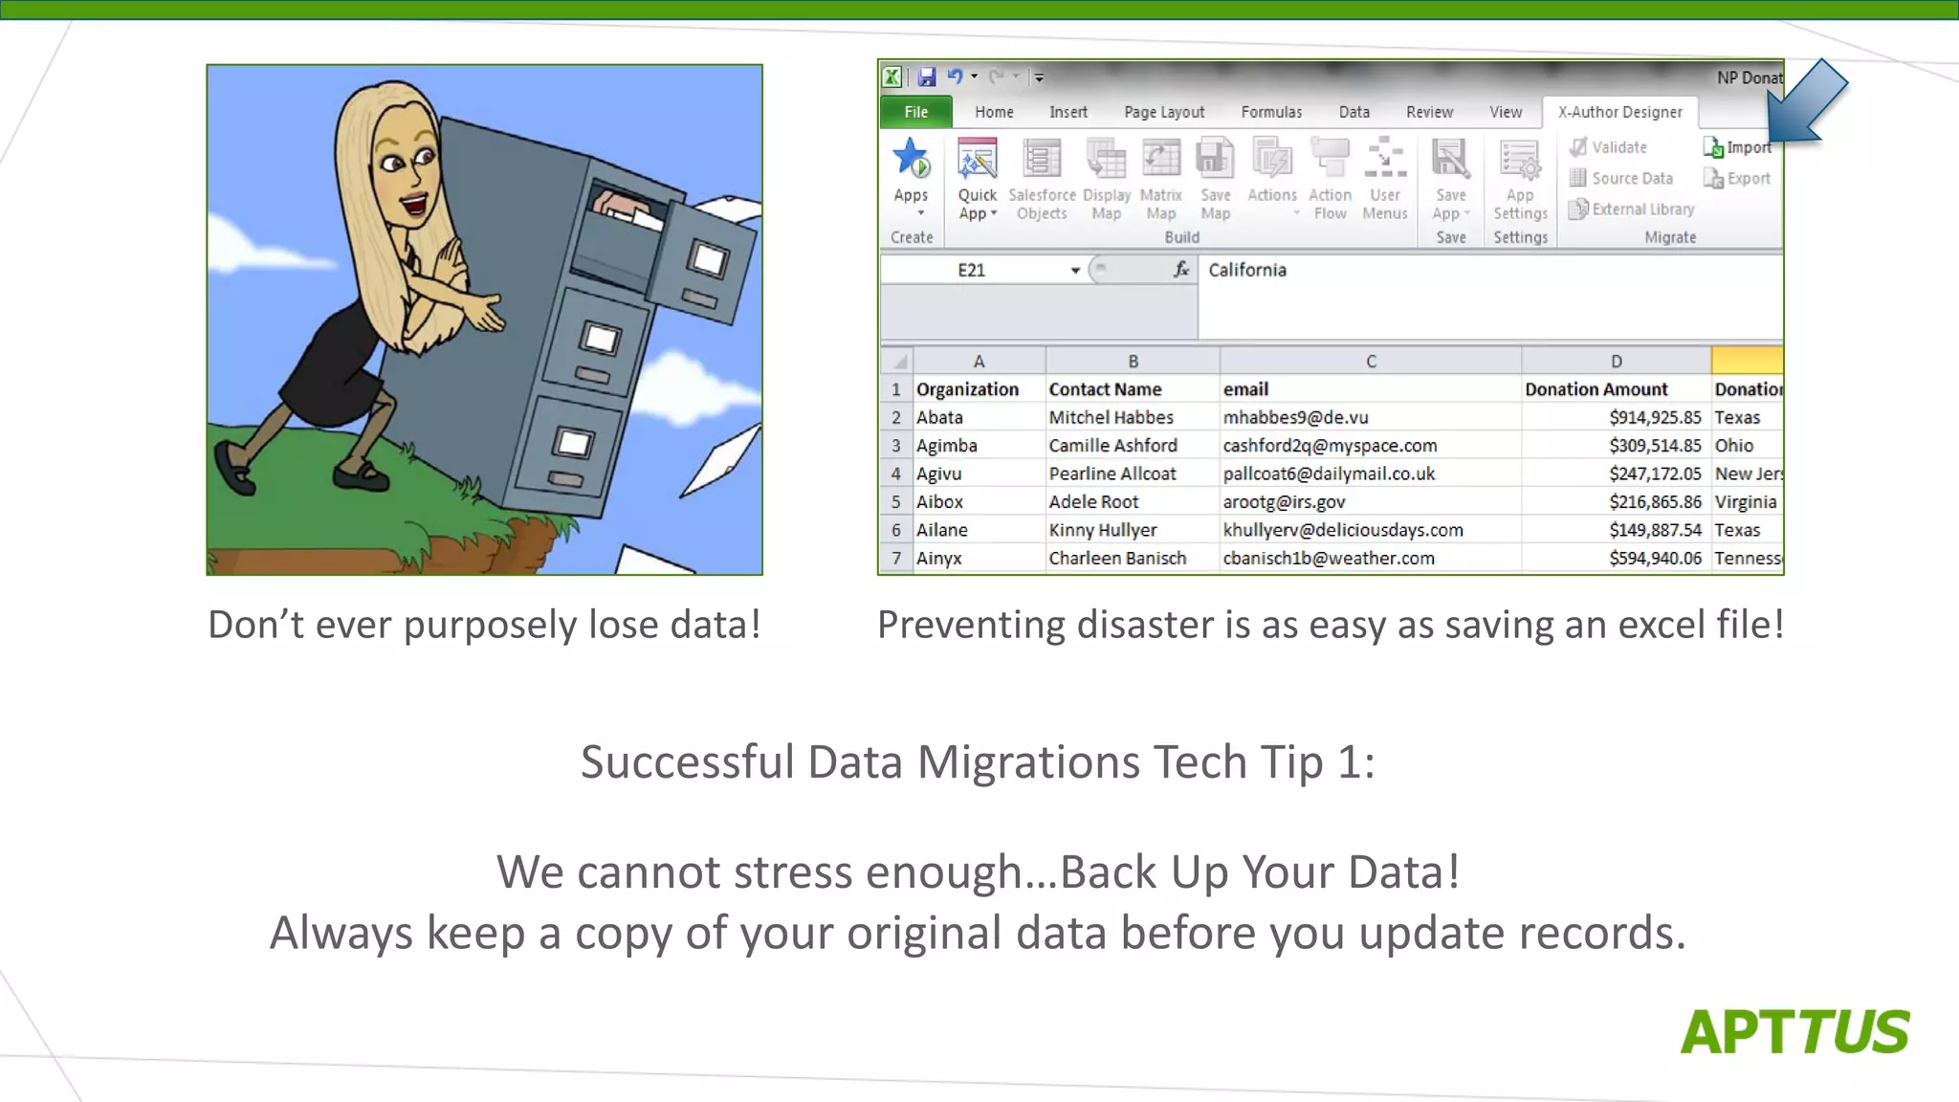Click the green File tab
tap(915, 112)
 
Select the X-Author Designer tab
tap(1619, 112)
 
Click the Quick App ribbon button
tap(977, 182)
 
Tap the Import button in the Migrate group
tap(1738, 147)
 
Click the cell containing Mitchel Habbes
tap(1111, 417)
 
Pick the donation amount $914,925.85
tap(1655, 417)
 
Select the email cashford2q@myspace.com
tap(1330, 446)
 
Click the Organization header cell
tap(967, 389)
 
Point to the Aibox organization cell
tap(939, 501)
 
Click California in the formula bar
tap(1247, 270)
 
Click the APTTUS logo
tap(1794, 1032)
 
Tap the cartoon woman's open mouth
tap(414, 204)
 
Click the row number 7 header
tap(896, 558)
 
